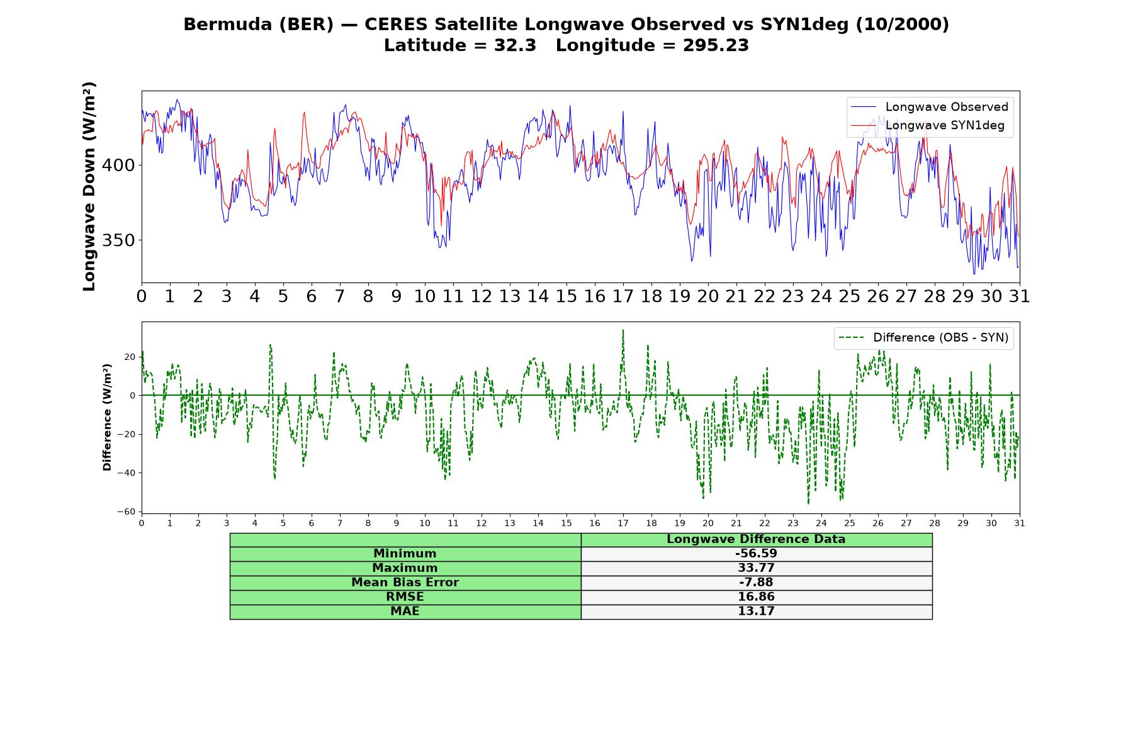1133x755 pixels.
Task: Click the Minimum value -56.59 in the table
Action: (x=756, y=554)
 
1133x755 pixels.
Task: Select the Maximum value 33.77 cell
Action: (x=756, y=568)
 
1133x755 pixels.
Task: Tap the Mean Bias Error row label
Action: (x=405, y=583)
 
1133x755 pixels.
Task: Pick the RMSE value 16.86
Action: (x=756, y=597)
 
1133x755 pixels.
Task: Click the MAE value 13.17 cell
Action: (x=756, y=612)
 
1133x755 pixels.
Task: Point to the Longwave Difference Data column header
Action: (x=756, y=539)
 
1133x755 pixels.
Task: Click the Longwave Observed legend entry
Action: (x=930, y=107)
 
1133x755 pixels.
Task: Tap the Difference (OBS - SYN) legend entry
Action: (x=923, y=338)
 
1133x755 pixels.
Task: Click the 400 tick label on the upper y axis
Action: (x=118, y=165)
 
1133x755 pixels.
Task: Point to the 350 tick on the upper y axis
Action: (x=118, y=240)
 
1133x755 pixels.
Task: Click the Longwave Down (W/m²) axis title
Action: (x=89, y=186)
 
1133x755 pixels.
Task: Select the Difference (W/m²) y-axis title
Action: (x=107, y=417)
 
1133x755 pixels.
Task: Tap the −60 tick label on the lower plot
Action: (x=126, y=512)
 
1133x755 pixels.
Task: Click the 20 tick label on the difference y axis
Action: (x=130, y=357)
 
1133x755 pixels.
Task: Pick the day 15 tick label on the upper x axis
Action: (x=566, y=296)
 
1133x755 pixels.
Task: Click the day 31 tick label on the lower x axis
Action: (x=1020, y=523)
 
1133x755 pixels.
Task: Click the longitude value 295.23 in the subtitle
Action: (x=716, y=45)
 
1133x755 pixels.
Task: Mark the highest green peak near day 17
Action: (x=623, y=330)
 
